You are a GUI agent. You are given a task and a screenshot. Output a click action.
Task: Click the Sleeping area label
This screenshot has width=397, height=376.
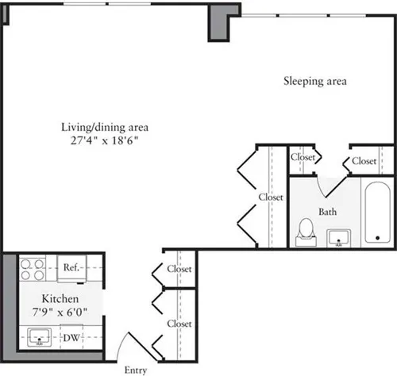pos(316,81)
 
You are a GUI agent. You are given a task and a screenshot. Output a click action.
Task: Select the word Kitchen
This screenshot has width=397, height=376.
pos(60,299)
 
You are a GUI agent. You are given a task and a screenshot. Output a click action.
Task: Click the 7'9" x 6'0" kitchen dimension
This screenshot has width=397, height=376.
pos(60,313)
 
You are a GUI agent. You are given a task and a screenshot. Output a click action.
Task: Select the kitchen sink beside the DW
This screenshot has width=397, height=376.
pos(39,340)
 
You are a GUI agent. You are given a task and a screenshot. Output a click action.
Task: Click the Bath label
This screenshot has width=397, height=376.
pos(328,213)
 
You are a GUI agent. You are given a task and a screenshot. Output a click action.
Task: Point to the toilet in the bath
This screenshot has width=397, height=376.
pos(303,232)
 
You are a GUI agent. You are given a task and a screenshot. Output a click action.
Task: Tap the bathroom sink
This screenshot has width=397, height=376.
pos(340,236)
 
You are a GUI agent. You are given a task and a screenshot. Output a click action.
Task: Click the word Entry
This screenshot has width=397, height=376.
pos(137,369)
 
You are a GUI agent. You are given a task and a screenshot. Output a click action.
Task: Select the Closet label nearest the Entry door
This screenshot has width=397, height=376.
pos(179,324)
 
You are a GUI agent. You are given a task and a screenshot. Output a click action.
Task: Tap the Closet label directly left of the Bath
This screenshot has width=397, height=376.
pos(271,197)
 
